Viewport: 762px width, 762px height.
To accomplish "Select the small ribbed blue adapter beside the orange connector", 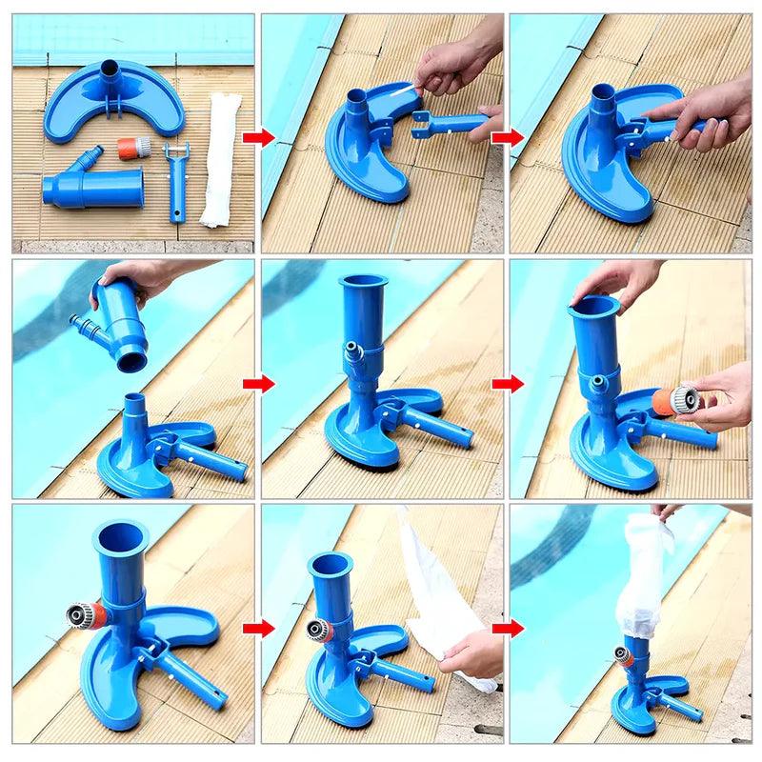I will click(x=92, y=151).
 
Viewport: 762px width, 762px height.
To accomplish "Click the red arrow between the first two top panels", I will click(x=256, y=137).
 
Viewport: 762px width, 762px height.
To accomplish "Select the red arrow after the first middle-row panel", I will click(x=256, y=384).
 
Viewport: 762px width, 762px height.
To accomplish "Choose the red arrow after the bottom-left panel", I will click(x=256, y=629).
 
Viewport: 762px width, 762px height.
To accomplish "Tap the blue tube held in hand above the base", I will click(x=122, y=324).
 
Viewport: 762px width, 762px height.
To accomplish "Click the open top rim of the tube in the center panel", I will click(x=362, y=283).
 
